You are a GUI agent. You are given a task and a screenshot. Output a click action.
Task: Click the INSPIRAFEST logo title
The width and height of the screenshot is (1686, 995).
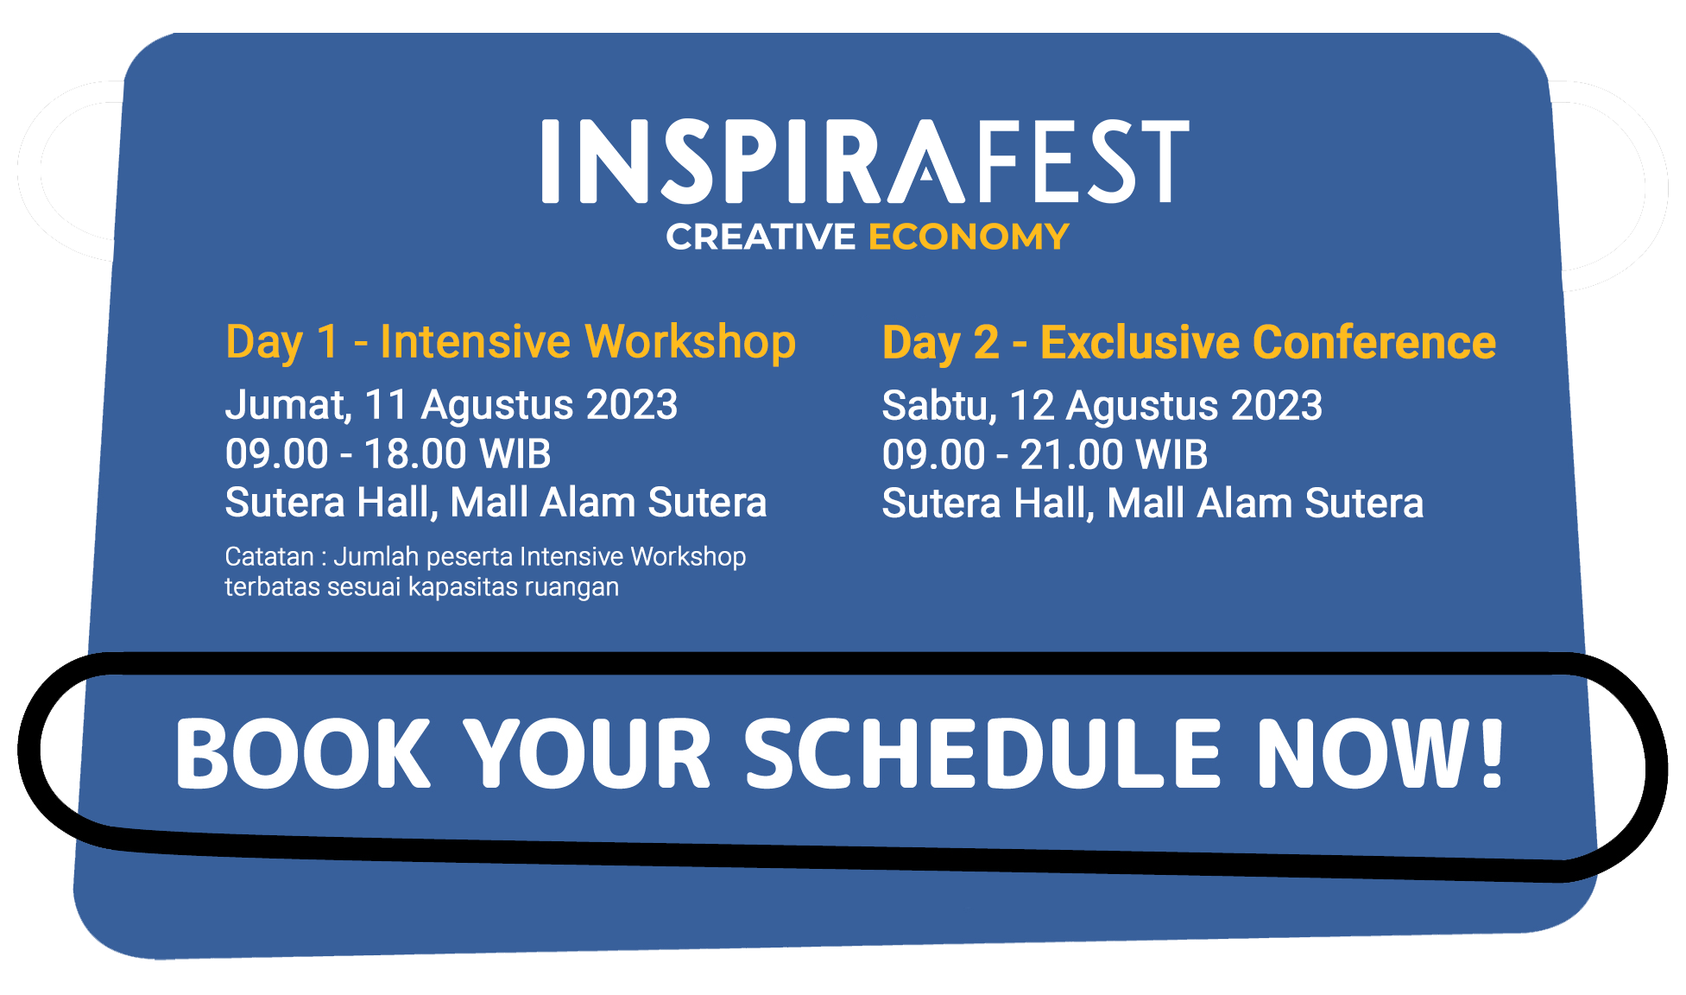865,162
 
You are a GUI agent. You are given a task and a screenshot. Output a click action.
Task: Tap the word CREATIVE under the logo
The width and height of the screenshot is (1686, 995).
761,237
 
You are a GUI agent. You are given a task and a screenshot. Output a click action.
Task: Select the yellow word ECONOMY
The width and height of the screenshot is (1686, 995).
969,237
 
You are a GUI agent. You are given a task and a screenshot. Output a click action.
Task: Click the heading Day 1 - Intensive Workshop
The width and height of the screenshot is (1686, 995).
510,342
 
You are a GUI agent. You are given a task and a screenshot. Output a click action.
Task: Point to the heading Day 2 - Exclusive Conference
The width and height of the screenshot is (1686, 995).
1189,343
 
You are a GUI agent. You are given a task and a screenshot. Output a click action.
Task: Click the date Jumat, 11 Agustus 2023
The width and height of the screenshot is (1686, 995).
451,405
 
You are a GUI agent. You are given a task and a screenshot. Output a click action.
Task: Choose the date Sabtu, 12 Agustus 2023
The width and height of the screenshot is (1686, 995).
1102,406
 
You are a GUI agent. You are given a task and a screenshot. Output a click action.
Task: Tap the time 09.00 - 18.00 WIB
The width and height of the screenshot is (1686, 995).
388,454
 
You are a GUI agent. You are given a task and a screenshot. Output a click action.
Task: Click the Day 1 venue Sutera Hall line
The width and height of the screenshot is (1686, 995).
496,503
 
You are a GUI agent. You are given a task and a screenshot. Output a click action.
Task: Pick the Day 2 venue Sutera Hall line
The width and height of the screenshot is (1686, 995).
1152,504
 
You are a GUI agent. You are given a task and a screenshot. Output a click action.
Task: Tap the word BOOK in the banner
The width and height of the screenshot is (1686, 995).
303,754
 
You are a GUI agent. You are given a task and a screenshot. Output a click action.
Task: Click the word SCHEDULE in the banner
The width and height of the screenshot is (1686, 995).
982,754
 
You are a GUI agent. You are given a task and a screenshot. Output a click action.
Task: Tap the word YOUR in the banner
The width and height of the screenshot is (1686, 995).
587,754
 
